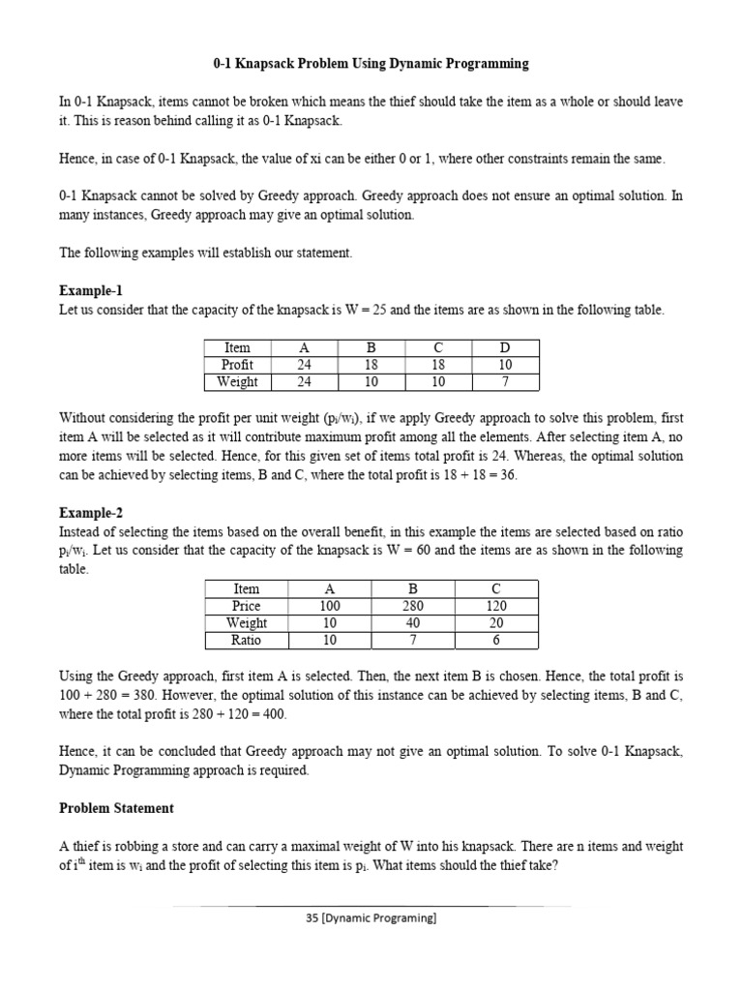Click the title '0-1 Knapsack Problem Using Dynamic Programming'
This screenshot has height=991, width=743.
point(371,64)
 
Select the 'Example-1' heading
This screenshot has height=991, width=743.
point(91,290)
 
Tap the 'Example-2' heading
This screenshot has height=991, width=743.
point(91,512)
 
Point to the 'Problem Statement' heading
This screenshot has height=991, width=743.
point(116,807)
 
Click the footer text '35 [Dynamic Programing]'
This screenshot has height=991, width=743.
point(371,919)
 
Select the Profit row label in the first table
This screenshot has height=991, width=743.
point(237,364)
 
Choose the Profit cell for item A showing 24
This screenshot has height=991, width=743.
point(304,364)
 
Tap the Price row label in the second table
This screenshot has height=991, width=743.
point(247,606)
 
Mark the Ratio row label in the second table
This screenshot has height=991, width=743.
point(247,640)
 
